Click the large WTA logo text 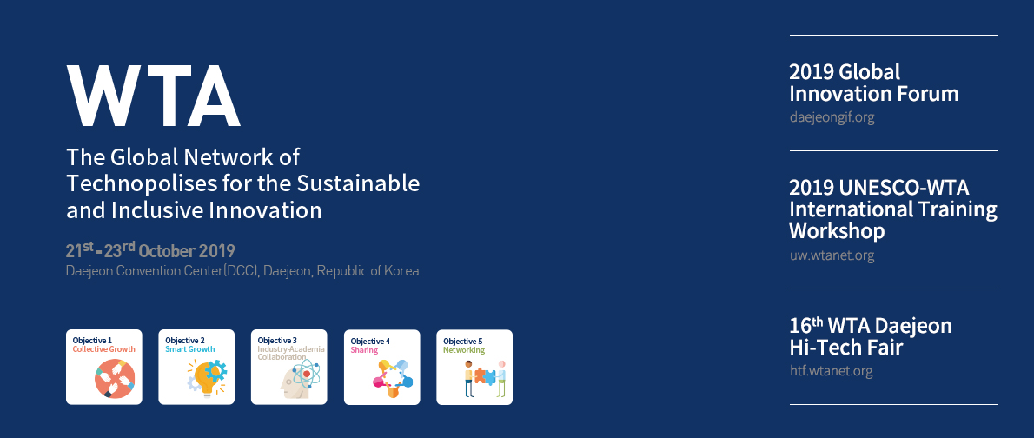point(153,96)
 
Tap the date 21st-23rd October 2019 point(150,250)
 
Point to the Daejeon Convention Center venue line point(242,271)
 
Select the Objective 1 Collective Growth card point(104,367)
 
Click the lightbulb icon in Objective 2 point(207,378)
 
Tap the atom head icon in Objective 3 point(300,379)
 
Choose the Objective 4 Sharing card point(381,367)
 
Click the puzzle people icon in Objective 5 point(485,379)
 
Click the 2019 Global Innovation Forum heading point(874,83)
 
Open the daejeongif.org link point(832,118)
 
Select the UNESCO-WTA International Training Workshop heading point(893,209)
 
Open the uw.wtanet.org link point(832,256)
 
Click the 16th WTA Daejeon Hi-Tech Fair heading point(871,336)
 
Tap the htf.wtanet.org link point(831,371)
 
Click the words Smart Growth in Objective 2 point(190,349)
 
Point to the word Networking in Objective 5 point(464,350)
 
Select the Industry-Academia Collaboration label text point(291,353)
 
